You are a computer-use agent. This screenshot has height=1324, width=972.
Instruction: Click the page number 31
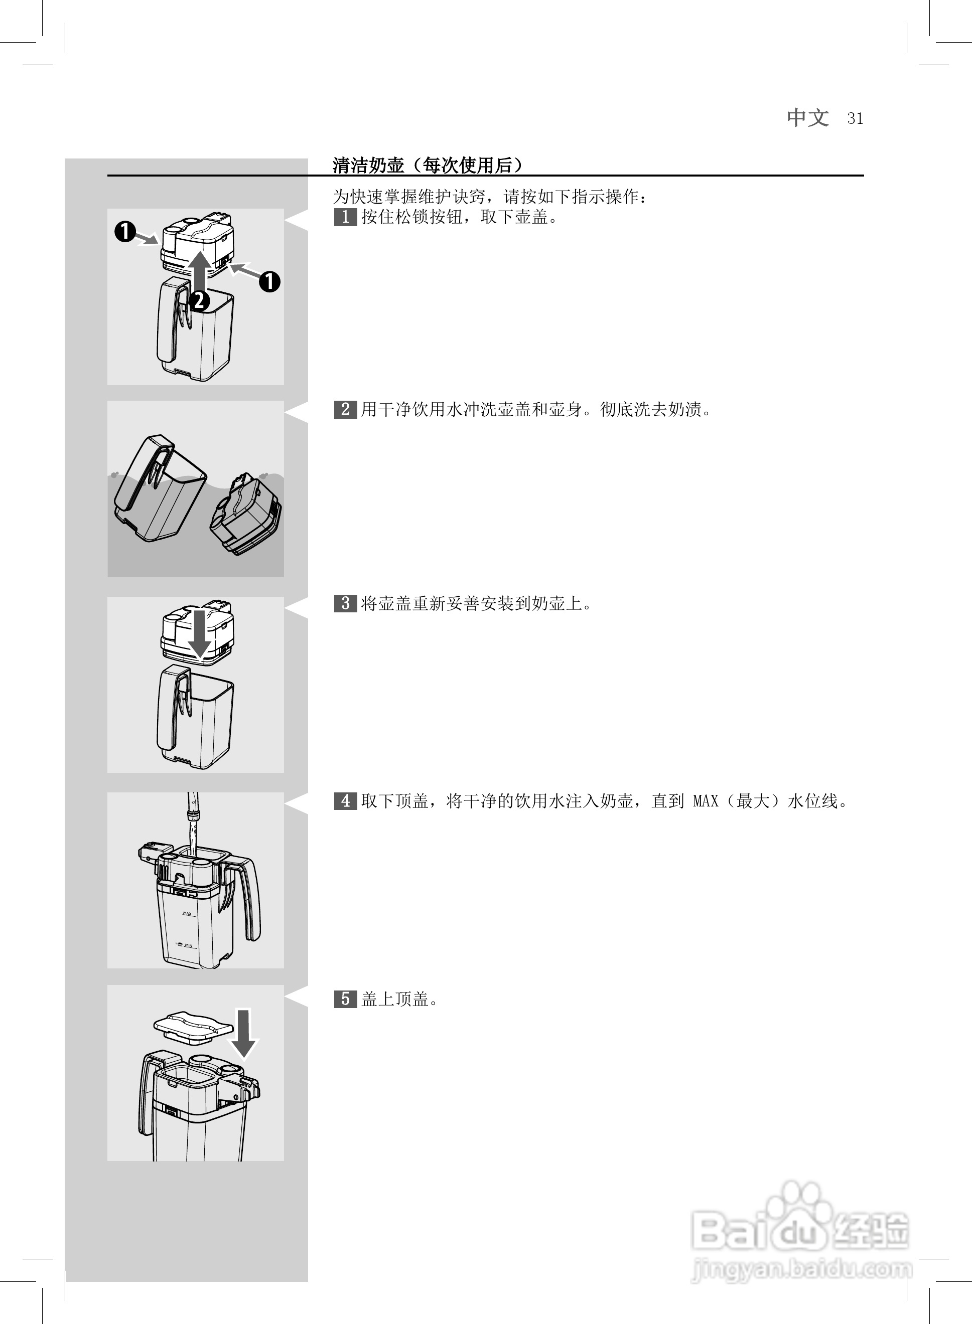point(855,119)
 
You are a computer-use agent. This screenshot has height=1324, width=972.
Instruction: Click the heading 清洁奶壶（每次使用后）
point(427,165)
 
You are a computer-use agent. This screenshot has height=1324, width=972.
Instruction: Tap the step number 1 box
point(345,217)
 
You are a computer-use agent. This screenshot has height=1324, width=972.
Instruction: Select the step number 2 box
point(345,409)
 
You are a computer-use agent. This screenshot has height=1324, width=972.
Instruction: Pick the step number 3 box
point(345,603)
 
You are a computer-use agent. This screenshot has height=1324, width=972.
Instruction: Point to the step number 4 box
point(345,801)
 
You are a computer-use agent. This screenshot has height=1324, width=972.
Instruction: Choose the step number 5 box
point(345,999)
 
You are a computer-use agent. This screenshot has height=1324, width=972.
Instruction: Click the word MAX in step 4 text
point(706,801)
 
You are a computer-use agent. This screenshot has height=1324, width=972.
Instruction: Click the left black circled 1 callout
point(125,232)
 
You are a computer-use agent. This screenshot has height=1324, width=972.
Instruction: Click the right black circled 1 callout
point(269,282)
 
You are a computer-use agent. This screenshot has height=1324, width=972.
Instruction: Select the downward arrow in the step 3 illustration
point(200,632)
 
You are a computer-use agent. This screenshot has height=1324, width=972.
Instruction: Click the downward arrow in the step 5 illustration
point(243,1033)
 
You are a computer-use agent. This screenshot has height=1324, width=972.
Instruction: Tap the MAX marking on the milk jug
point(188,914)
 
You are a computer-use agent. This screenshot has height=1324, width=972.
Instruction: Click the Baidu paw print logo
point(799,1206)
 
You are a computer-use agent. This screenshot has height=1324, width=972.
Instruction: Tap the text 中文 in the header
point(807,118)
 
